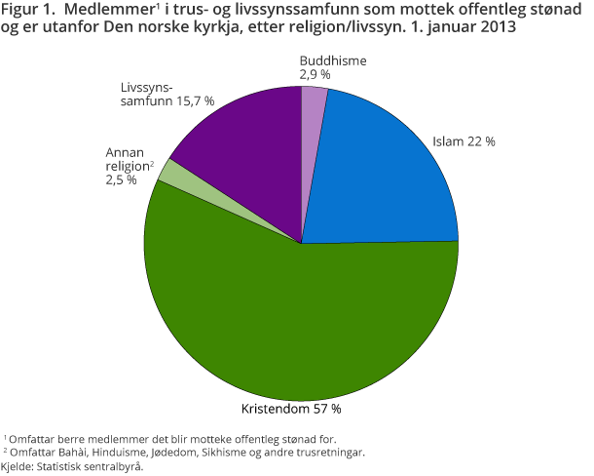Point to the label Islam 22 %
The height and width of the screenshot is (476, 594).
click(464, 141)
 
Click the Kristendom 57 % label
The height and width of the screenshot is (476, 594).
click(291, 408)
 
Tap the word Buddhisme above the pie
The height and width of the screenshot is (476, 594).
click(333, 60)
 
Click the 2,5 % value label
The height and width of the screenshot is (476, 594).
click(122, 180)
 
